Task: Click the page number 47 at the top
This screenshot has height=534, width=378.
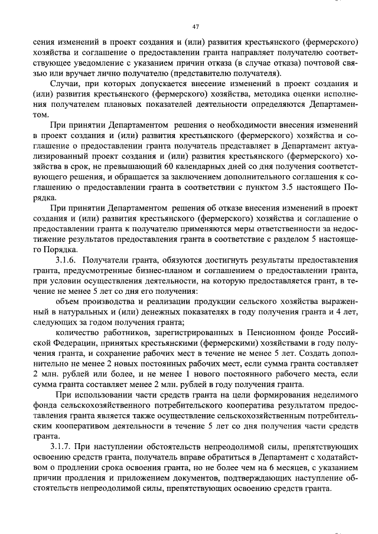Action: point(195,27)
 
